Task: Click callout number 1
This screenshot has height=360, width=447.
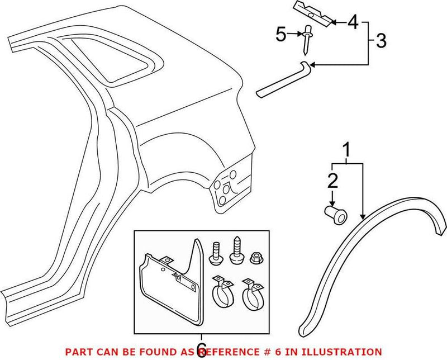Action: point(347,150)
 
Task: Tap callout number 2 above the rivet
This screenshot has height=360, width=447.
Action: point(332,180)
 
